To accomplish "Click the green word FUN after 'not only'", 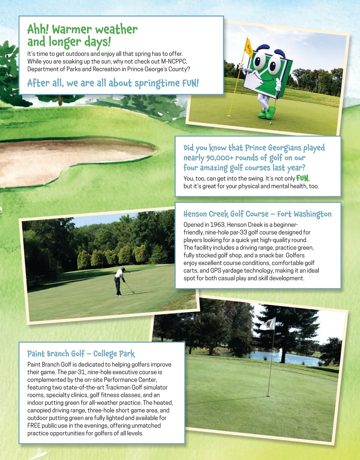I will [302, 178].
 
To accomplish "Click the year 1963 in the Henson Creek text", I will [217, 225].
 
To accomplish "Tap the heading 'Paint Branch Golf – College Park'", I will [81, 354].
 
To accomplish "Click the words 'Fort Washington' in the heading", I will [304, 214].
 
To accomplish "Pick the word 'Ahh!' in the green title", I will [38, 30].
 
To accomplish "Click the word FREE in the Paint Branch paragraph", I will [34, 426].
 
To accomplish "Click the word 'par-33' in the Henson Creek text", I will [239, 232].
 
